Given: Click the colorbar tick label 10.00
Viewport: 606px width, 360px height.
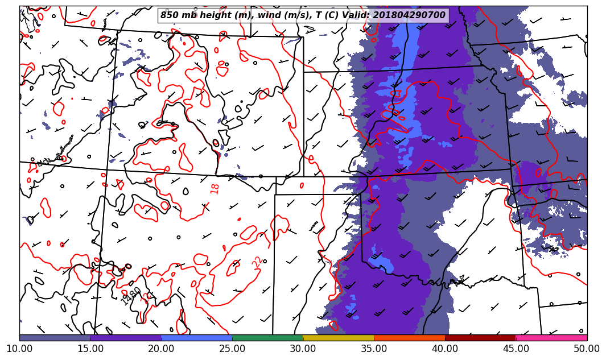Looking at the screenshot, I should (19, 348).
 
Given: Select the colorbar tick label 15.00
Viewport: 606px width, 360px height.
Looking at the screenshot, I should (90, 348).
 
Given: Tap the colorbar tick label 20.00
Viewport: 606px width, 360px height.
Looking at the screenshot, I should (161, 348).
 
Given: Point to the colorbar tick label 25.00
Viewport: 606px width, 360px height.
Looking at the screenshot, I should (232, 348).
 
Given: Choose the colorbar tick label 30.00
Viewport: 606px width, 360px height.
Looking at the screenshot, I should (303, 348).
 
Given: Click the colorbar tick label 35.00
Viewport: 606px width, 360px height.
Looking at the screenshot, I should (374, 348).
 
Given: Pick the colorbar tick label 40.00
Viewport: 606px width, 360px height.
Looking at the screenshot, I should (445, 348).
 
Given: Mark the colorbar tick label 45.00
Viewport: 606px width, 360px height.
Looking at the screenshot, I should (516, 348).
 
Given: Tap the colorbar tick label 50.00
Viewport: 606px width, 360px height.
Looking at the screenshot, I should (586, 348).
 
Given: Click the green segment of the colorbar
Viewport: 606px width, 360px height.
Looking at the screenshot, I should (267, 338).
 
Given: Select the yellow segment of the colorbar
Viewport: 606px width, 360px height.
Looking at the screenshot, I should (339, 338).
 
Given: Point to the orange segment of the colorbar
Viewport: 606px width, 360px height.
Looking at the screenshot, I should (410, 338).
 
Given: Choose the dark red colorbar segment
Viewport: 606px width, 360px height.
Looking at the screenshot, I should (480, 338).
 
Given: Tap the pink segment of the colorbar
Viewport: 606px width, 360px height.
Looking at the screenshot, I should (551, 338).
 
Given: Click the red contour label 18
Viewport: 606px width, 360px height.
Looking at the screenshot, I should (215, 189).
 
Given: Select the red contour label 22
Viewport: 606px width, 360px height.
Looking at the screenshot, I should (257, 262).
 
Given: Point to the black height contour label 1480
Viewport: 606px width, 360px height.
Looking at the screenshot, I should (131, 296).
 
